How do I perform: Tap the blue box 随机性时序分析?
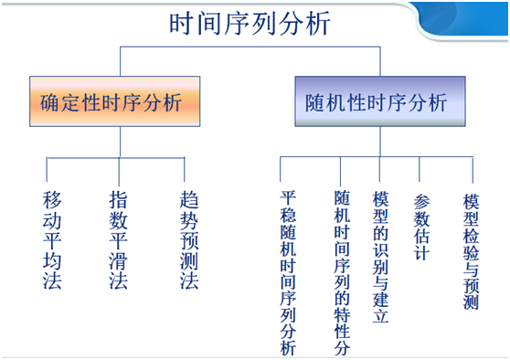point(377,101)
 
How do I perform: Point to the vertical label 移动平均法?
point(52,240)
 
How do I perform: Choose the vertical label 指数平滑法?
point(119,240)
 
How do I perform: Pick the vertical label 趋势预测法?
point(188,240)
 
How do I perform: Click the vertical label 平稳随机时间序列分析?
point(289,272)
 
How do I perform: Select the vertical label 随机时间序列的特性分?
point(342,272)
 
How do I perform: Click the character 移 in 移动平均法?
point(52,200)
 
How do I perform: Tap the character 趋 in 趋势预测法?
point(188,200)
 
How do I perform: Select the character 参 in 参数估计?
point(420,200)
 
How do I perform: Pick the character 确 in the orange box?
point(52,101)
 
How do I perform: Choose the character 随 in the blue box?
point(315,101)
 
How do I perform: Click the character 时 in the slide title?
point(182,24)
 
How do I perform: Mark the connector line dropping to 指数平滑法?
point(118,170)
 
